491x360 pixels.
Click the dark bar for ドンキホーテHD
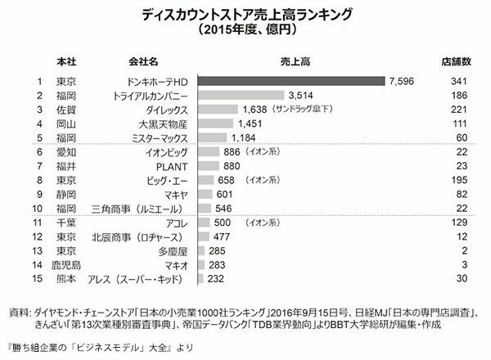tap(292, 81)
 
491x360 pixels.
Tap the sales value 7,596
tap(403, 81)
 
